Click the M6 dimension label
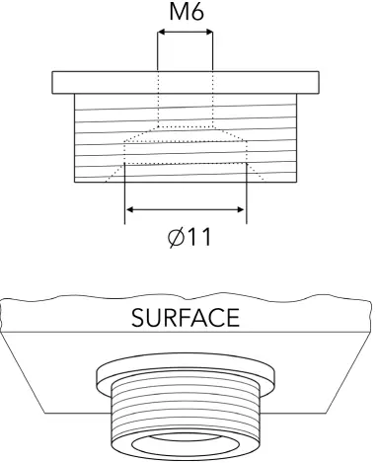[185, 13]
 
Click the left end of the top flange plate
[57, 80]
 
